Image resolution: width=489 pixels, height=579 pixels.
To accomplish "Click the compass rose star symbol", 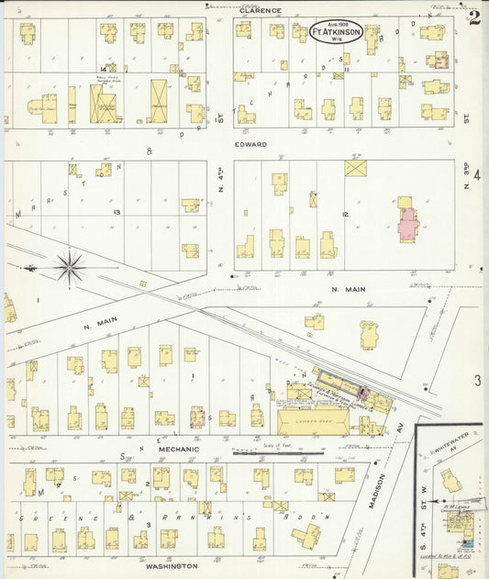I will click(x=70, y=267).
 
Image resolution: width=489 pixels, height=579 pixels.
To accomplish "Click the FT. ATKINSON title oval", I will click(x=335, y=32).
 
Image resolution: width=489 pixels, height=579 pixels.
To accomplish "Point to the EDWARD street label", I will click(x=250, y=144).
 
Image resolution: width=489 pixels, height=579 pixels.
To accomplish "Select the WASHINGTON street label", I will click(x=171, y=566).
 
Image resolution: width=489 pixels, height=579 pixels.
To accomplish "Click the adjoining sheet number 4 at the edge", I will click(x=477, y=174).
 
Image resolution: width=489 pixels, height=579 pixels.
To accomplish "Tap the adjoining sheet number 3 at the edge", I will click(x=477, y=379).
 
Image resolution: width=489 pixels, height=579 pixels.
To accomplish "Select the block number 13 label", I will click(x=117, y=212).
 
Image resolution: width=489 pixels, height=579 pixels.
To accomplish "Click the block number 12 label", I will click(x=345, y=214).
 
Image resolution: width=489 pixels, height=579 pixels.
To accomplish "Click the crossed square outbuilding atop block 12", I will click(x=355, y=168).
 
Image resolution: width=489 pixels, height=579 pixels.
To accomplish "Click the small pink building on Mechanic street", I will click(x=195, y=418).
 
